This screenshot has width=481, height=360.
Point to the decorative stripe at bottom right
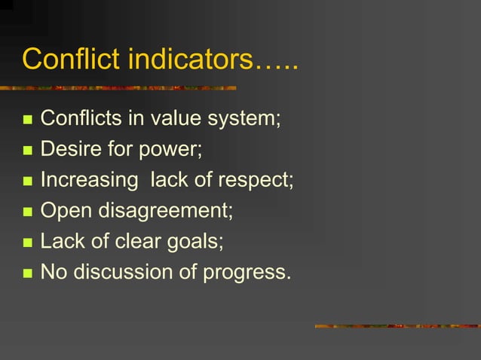pos(397,326)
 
